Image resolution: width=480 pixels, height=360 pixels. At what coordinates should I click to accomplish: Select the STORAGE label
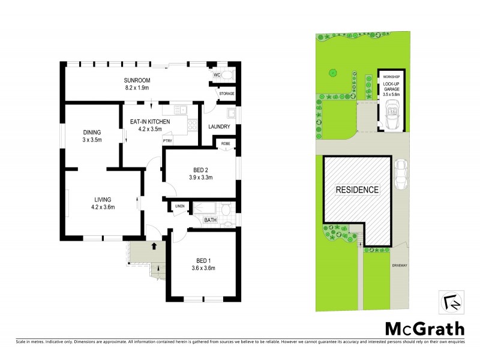(x=226, y=94)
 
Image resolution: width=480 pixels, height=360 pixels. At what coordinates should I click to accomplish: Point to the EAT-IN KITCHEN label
(x=150, y=122)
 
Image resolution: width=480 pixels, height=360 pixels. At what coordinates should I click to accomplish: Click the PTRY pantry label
(x=167, y=141)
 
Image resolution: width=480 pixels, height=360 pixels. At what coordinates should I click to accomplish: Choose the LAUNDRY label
(x=220, y=127)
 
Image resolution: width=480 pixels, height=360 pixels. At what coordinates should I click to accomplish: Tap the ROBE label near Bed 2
(x=225, y=144)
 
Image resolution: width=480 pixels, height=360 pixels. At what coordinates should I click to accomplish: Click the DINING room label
(x=92, y=133)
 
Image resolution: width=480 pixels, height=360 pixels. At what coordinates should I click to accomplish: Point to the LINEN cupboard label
(x=179, y=206)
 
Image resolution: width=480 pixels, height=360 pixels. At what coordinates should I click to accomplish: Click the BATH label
(x=210, y=220)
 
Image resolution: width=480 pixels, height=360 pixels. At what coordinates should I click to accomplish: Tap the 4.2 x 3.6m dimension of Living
(x=103, y=208)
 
